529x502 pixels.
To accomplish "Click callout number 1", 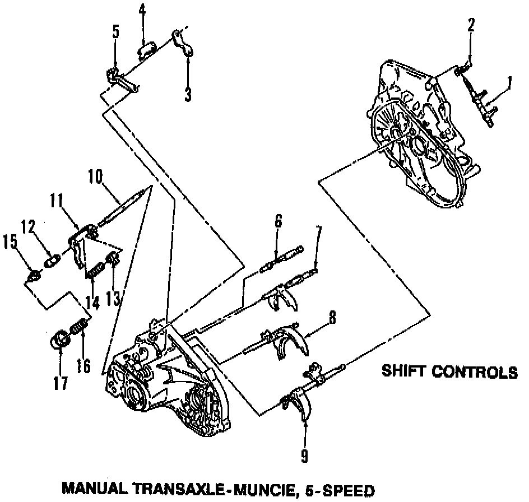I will click(x=509, y=84).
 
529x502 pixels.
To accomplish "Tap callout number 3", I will click(x=188, y=94).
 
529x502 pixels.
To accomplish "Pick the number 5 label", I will click(x=115, y=31).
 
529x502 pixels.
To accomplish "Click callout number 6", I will click(x=278, y=222).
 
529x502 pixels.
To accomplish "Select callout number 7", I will click(x=318, y=233).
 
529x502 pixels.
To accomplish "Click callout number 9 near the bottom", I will click(x=304, y=457).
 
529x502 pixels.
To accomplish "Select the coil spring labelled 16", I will click(x=78, y=327).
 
